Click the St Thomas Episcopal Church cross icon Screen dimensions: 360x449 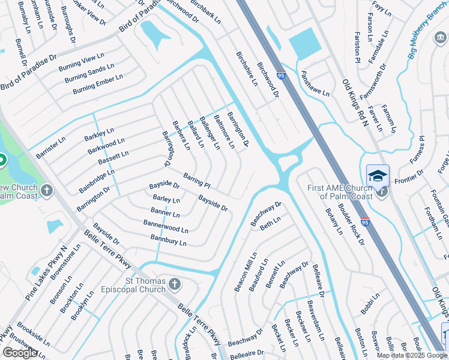[x=175, y=283]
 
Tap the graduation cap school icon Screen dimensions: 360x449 [x=378, y=176]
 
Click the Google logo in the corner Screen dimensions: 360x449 [x=20, y=353]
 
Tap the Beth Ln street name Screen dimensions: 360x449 [x=270, y=224]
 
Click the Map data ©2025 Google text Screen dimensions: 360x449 [x=412, y=355]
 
